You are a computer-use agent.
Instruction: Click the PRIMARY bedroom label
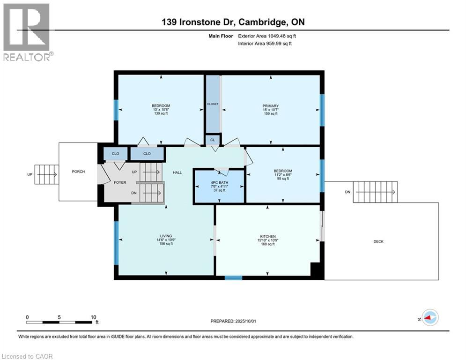[270, 106]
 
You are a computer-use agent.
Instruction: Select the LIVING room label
[166, 236]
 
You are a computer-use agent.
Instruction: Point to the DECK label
[378, 241]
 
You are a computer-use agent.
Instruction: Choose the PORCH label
[78, 172]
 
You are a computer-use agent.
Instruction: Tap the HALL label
[177, 172]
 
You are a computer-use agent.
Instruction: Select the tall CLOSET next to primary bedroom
[213, 104]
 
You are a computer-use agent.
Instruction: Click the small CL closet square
[212, 140]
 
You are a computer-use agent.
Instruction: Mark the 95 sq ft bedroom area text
[283, 179]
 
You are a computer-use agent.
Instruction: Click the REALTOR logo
[26, 31]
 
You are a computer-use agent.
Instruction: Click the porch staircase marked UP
[46, 175]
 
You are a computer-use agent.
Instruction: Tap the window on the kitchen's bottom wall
[233, 277]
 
